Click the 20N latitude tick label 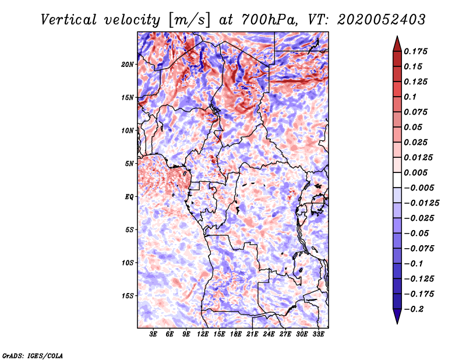(128, 64)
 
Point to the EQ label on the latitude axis (129, 197)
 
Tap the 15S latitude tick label (128, 296)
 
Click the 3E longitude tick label (154, 335)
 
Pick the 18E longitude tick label (236, 335)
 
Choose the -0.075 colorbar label (419, 248)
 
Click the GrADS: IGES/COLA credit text (32, 355)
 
